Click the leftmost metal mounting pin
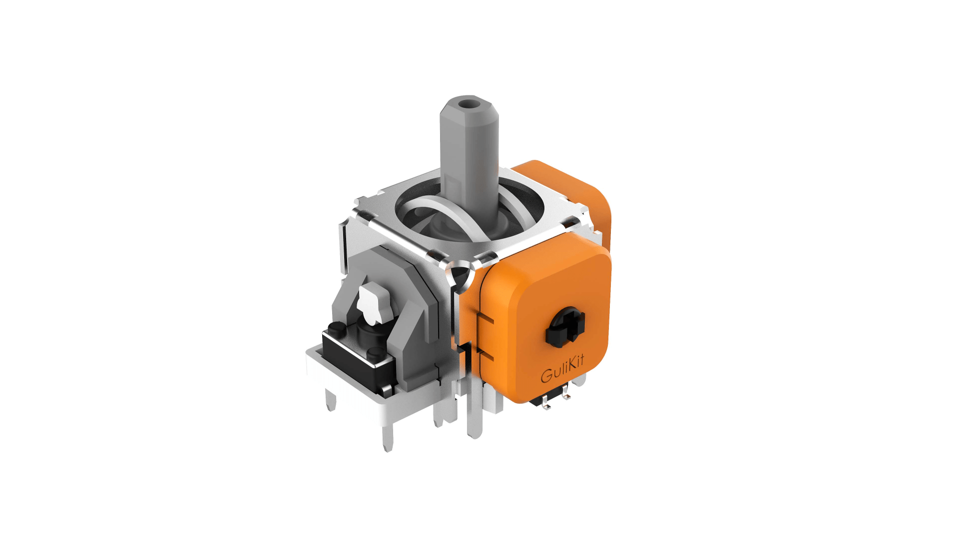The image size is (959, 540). click(330, 400)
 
